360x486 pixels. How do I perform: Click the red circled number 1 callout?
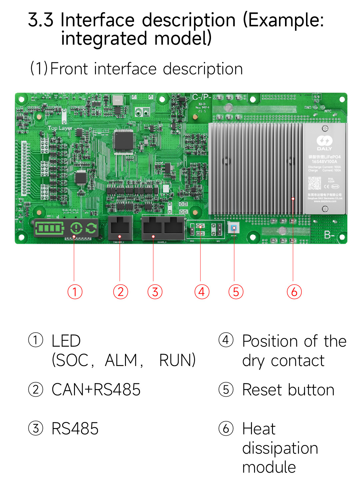tap(75, 292)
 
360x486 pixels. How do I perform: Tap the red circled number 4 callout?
tap(202, 292)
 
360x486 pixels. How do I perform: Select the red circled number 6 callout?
tap(294, 292)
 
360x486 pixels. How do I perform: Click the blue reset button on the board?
tap(234, 228)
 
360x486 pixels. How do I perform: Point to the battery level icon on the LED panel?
tap(49, 228)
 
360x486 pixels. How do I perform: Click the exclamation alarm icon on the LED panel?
tap(76, 228)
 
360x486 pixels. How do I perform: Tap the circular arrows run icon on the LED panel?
tap(91, 228)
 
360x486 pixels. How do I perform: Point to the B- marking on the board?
tap(329, 235)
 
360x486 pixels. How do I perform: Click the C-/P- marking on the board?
tap(202, 97)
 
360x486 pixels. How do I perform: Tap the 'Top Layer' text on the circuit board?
tap(60, 128)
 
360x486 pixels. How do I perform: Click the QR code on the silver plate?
tap(314, 183)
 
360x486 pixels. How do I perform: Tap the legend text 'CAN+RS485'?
tap(96, 390)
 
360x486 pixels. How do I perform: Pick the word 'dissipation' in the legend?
tap(280, 448)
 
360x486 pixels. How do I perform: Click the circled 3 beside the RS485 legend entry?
tap(36, 428)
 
